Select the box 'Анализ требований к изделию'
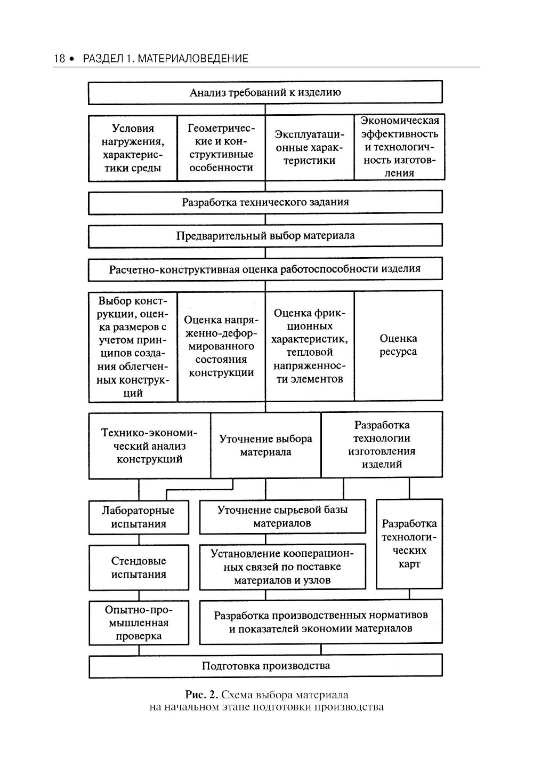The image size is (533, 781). [265, 92]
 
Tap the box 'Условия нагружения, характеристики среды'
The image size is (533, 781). [133, 148]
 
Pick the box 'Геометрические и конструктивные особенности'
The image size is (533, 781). [221, 148]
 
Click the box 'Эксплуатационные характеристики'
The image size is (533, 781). [309, 148]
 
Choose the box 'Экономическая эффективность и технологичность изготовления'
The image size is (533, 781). [399, 147]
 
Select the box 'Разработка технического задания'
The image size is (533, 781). [265, 202]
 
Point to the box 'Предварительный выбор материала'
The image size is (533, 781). [265, 235]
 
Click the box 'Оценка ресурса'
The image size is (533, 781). [398, 345]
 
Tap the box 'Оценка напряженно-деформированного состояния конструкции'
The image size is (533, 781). [221, 346]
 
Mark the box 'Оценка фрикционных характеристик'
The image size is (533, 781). [309, 346]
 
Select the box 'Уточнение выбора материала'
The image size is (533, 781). [265, 445]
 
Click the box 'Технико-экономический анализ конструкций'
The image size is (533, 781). [149, 445]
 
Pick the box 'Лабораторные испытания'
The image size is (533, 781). [139, 517]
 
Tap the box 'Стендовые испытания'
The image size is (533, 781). [139, 567]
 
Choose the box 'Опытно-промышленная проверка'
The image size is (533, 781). [139, 623]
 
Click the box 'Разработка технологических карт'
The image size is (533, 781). [409, 544]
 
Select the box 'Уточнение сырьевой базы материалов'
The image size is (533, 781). [282, 516]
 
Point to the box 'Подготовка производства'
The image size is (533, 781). [265, 666]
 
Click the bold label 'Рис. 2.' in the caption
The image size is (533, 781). [201, 695]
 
